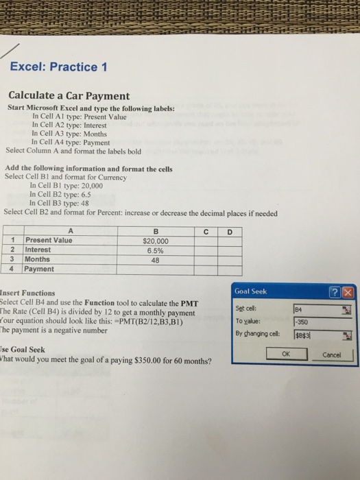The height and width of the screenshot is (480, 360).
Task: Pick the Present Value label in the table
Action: point(48,241)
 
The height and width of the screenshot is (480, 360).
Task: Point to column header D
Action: point(230,231)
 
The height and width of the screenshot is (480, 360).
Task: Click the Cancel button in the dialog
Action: point(333,355)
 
